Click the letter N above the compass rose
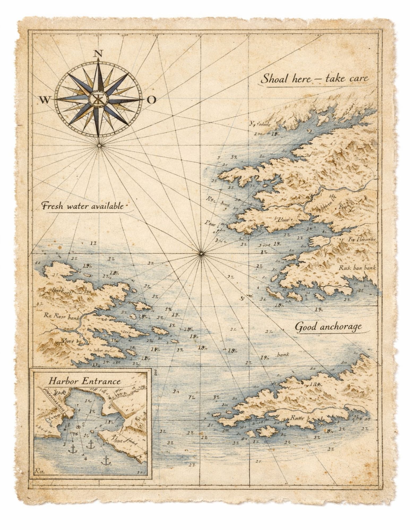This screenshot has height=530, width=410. tap(98, 54)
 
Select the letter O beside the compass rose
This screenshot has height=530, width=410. tap(151, 100)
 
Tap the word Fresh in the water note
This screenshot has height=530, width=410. tap(53, 206)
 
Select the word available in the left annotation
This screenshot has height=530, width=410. tap(107, 206)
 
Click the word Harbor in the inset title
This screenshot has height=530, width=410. tap(63, 382)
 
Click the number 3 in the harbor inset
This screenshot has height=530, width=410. tap(64, 444)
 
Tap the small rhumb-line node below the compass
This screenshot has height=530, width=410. tap(99, 145)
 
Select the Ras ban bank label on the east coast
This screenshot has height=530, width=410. tap(357, 268)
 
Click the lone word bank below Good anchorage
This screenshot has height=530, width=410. tap(283, 355)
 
